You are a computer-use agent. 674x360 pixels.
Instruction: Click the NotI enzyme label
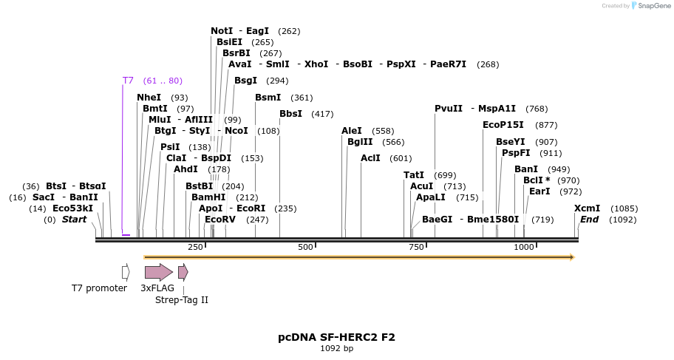click(x=222, y=31)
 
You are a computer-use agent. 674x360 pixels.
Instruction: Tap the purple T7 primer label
click(x=128, y=81)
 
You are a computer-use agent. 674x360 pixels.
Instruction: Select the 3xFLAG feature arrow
click(x=158, y=272)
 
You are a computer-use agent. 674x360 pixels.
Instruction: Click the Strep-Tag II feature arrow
click(x=183, y=272)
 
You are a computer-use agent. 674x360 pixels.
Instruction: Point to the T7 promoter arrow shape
click(x=126, y=272)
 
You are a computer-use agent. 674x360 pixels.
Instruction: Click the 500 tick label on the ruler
click(x=306, y=247)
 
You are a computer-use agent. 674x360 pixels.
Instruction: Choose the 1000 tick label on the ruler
click(x=523, y=247)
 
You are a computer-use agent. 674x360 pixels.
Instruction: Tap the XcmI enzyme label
click(x=587, y=208)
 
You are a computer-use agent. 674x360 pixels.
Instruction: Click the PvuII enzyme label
click(x=449, y=109)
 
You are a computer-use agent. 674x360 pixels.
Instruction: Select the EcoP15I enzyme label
click(x=503, y=125)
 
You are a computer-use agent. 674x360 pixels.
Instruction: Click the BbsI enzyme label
click(x=290, y=114)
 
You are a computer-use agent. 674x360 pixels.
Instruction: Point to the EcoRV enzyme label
click(x=220, y=220)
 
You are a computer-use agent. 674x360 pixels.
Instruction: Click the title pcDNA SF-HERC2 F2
click(x=336, y=337)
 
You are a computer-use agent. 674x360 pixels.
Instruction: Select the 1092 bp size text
click(x=336, y=348)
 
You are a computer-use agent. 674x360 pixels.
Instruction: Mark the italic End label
click(x=589, y=220)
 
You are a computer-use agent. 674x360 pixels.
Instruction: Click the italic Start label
click(x=74, y=220)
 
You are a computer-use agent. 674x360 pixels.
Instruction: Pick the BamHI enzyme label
click(x=208, y=197)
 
